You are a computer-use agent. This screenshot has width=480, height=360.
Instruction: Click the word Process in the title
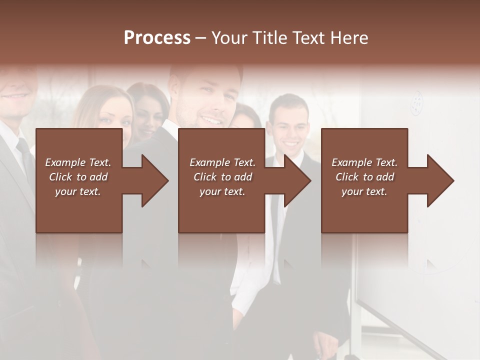(x=157, y=37)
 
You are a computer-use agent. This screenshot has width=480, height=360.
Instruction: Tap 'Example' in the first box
(x=65, y=162)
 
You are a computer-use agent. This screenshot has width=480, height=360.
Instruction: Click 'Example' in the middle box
(x=209, y=162)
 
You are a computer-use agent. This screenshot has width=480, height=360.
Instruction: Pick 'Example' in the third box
(x=351, y=162)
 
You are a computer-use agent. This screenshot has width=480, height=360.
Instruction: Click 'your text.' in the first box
(x=78, y=191)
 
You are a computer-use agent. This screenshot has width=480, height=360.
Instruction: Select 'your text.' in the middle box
(x=222, y=191)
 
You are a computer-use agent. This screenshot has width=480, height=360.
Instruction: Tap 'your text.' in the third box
(x=364, y=191)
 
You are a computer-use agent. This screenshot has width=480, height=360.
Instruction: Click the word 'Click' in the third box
(x=347, y=177)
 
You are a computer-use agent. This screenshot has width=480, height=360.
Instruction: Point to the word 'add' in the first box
(x=98, y=177)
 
